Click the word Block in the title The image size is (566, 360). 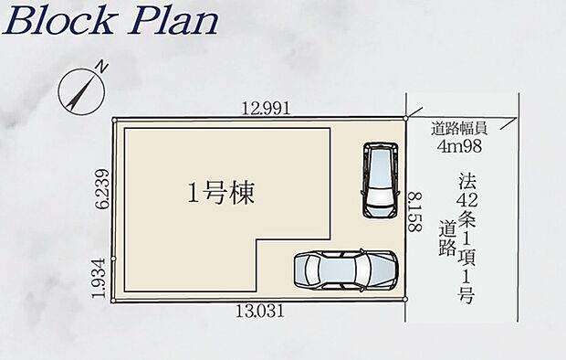point(58,21)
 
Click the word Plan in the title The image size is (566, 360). point(173,21)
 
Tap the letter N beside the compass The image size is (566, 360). point(103,68)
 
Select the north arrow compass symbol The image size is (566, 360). point(81,91)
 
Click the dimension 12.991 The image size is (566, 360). point(266,108)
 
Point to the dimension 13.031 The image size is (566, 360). point(259,311)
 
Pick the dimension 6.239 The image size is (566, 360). point(103,188)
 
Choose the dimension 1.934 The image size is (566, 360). point(99,278)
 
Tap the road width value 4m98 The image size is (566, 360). point(459,146)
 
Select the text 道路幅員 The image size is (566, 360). point(459,129)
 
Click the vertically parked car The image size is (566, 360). point(381,180)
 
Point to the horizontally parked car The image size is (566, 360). point(345,270)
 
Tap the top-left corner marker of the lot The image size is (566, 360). point(114,120)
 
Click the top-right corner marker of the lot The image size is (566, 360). point(405,118)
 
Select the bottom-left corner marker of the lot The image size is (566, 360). point(113,301)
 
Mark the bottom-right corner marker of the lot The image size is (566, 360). point(405,299)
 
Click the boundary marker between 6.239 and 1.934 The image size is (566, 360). point(113,259)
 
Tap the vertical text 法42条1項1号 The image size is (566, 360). point(466,238)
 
